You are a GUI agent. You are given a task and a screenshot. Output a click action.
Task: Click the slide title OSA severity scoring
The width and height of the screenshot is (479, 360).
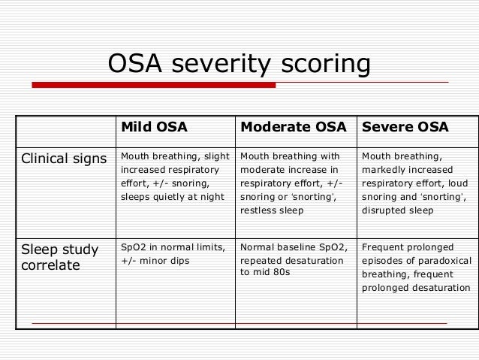pos(239,63)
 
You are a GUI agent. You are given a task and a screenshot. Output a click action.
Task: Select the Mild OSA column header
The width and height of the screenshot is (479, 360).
pos(155,127)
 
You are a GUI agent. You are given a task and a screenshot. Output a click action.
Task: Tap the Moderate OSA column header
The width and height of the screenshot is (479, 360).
pos(293,127)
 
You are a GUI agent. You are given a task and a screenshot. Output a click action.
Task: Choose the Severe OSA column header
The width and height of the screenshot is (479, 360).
pos(405,127)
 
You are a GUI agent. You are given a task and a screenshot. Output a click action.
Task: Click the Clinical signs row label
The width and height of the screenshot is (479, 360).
pos(63,159)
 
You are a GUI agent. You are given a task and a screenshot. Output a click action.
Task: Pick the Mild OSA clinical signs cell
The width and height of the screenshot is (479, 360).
pos(174,183)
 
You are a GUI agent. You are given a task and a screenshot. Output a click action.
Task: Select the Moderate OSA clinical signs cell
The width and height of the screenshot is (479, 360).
pos(294,183)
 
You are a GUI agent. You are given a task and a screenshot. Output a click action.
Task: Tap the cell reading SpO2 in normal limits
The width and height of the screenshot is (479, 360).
pos(173,247)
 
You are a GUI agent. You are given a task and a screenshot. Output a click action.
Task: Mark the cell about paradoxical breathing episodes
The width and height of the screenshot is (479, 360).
pos(416,267)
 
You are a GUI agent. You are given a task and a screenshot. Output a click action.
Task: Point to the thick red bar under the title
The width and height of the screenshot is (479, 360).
pos(154,85)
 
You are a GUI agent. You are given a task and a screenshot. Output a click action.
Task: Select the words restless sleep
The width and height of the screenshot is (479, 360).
pos(272,210)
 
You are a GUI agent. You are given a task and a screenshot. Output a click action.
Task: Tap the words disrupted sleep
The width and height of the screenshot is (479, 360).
pos(397,210)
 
